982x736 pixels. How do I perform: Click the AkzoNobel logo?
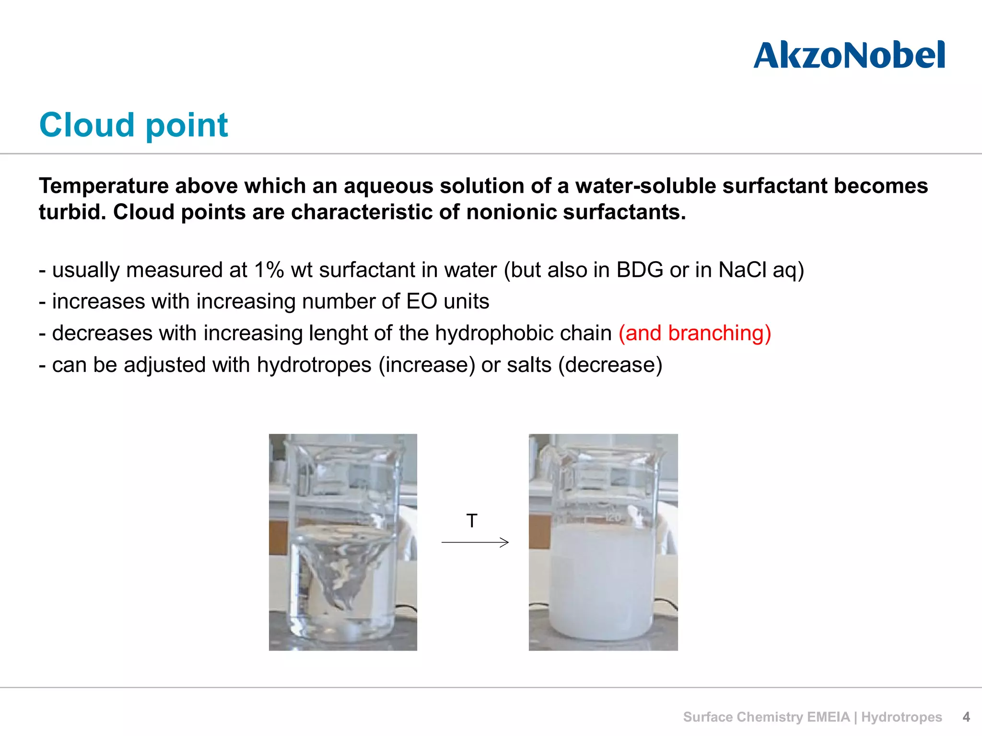[x=849, y=56]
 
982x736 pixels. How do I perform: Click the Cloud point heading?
[x=133, y=125]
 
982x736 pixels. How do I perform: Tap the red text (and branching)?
[x=695, y=333]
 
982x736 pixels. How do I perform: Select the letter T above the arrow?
[x=472, y=521]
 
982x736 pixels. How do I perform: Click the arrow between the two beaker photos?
[x=475, y=542]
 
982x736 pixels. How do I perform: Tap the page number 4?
[x=966, y=717]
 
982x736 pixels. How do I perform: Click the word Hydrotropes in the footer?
[x=901, y=717]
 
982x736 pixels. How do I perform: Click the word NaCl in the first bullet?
[x=742, y=270]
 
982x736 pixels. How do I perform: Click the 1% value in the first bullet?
[x=269, y=270]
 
